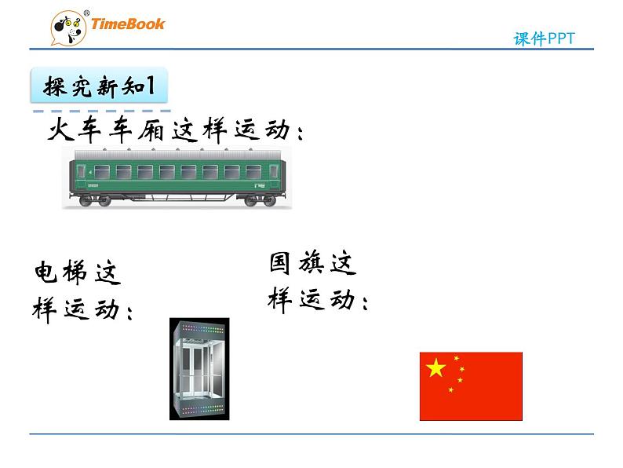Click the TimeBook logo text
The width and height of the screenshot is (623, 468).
click(128, 24)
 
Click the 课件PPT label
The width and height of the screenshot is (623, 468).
click(545, 39)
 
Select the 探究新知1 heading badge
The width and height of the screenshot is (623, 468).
click(100, 86)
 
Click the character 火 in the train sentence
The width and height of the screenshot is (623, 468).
click(64, 130)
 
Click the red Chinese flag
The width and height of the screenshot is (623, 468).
click(471, 386)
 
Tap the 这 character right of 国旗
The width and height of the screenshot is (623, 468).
click(342, 263)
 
